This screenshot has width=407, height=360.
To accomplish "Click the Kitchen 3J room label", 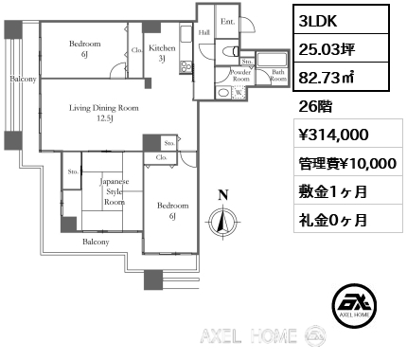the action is (x=162, y=53).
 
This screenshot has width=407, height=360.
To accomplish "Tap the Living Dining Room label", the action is (x=104, y=113).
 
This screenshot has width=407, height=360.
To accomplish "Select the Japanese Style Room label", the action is (x=115, y=191).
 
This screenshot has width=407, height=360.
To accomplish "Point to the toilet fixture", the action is (x=230, y=51).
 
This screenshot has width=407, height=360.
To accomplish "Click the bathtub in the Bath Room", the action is (x=272, y=60).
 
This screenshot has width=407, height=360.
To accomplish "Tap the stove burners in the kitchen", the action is (x=186, y=67).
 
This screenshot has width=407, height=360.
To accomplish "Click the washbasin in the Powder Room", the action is (x=223, y=93).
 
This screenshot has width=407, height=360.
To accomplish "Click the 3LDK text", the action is (x=318, y=21).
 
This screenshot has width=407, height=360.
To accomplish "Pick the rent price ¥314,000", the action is (x=334, y=135).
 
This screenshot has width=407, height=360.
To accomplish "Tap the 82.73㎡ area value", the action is (x=326, y=78).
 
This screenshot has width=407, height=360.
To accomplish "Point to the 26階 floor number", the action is (x=315, y=107).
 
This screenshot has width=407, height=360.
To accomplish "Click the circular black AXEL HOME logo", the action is (x=354, y=305).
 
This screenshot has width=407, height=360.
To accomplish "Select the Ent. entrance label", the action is (x=227, y=22).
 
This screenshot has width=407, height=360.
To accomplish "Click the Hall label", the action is (x=204, y=32).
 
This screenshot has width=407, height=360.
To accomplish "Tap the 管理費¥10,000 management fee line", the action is (x=347, y=164).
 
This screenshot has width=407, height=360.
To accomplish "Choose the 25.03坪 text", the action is (x=327, y=49).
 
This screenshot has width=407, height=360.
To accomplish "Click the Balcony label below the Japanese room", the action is (x=96, y=242).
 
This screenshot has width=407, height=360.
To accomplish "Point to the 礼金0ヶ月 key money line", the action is (x=333, y=220).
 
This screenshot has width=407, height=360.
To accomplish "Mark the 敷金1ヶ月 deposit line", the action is (x=333, y=191).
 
